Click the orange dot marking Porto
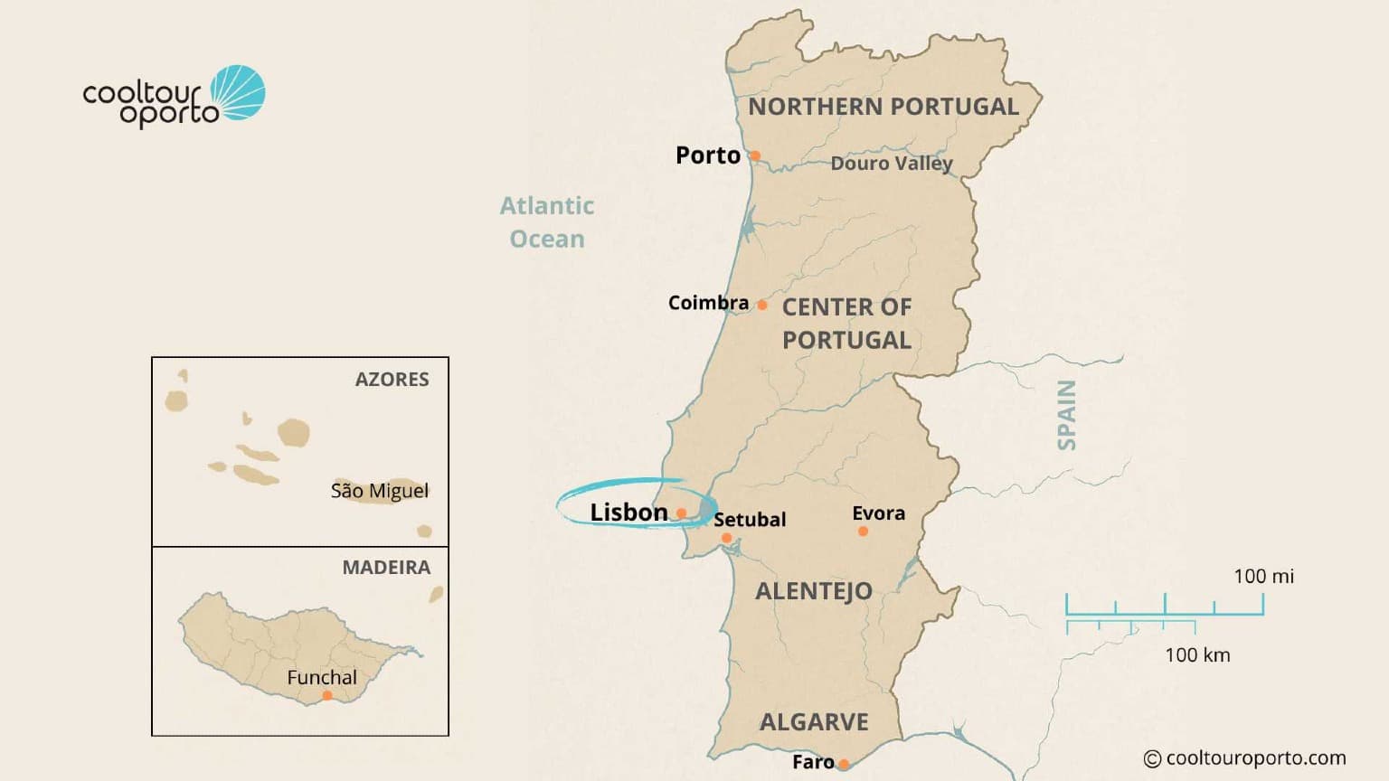click(755, 155)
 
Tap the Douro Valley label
click(892, 164)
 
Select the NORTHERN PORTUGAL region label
click(883, 107)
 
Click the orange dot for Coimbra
click(762, 305)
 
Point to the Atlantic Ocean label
click(547, 222)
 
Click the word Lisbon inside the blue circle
click(628, 513)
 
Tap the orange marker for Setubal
click(726, 538)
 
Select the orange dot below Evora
click(863, 532)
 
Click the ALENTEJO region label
click(814, 591)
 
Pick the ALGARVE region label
click(814, 722)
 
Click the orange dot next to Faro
click(844, 764)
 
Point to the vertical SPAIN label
click(1067, 415)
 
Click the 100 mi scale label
click(1263, 577)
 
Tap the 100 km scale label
click(1197, 655)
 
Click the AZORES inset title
click(392, 380)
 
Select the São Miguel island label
click(379, 491)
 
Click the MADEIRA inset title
click(386, 568)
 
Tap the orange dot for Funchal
click(327, 695)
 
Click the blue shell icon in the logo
click(239, 92)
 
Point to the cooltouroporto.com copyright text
click(1245, 758)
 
